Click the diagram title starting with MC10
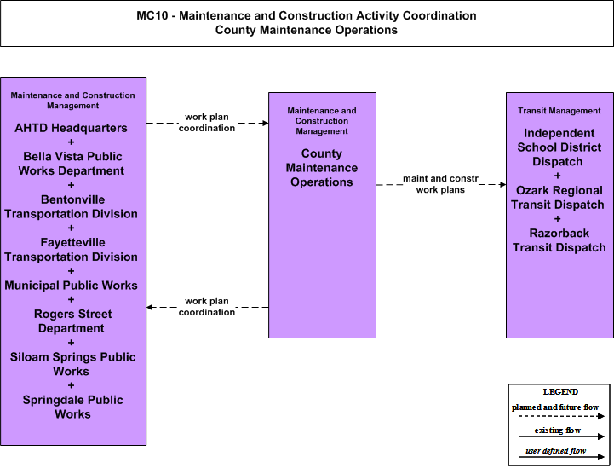pyautogui.click(x=307, y=23)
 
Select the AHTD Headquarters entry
pyautogui.click(x=71, y=128)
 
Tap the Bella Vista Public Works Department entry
pyautogui.click(x=72, y=164)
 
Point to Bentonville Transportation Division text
pyautogui.click(x=71, y=206)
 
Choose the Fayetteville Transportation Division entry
pyautogui.click(x=71, y=250)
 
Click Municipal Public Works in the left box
pyautogui.click(x=71, y=286)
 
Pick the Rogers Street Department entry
pyautogui.click(x=72, y=321)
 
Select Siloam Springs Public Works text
pyautogui.click(x=72, y=364)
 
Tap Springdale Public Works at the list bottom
pyautogui.click(x=72, y=407)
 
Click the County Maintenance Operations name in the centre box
pyautogui.click(x=322, y=168)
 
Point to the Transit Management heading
pyautogui.click(x=559, y=111)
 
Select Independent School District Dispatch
pyautogui.click(x=559, y=147)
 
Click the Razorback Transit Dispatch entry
pyautogui.click(x=559, y=240)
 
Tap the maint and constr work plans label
pyautogui.click(x=440, y=184)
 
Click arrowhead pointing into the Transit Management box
pyautogui.click(x=503, y=184)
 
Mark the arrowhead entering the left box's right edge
pyautogui.click(x=149, y=307)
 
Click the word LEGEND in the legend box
pyautogui.click(x=560, y=392)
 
